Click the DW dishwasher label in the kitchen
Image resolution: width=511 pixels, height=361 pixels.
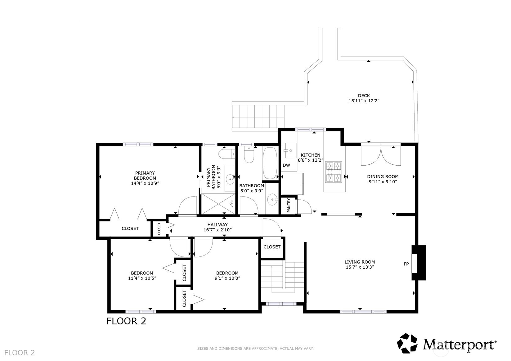tap(286, 165)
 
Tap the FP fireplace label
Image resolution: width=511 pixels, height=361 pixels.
tap(406, 264)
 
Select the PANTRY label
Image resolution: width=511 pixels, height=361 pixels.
tap(289, 205)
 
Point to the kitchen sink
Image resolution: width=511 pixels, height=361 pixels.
tap(290, 150)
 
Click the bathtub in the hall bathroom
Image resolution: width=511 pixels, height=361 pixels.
tap(270, 163)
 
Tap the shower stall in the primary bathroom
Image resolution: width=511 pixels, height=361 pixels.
tap(218, 203)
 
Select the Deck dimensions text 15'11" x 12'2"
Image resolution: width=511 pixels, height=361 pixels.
tap(364, 100)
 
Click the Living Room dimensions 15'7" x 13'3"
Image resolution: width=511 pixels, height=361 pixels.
tap(360, 267)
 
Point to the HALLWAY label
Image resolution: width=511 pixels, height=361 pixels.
tap(217, 225)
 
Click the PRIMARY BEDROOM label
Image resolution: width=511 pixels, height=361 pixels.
tap(145, 176)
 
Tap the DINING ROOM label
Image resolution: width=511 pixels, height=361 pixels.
tap(383, 176)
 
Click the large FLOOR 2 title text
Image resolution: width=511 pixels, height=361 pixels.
tap(126, 321)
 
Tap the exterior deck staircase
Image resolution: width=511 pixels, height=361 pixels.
tap(258, 116)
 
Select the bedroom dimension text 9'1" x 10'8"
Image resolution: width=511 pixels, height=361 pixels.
tap(227, 278)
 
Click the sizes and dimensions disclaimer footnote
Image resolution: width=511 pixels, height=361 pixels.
tap(255, 349)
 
